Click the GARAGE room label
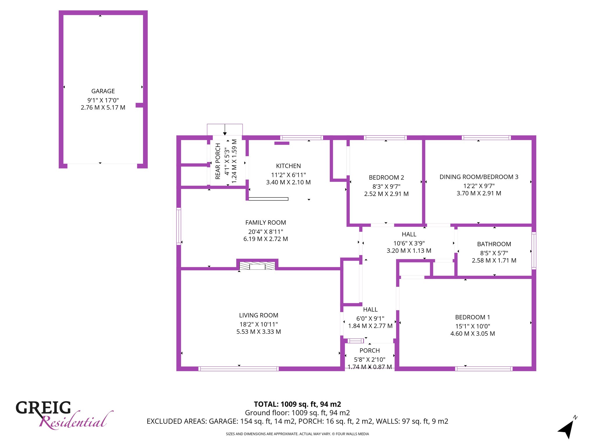coord(103,91)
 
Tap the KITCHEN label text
coord(288,166)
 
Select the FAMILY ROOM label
coord(266,223)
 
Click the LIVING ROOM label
coord(259,315)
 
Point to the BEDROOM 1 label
coord(473,317)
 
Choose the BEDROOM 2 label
coord(386,178)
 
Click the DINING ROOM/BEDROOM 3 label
coord(479,177)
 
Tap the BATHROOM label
coord(494,244)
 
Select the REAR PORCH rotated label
coord(218,161)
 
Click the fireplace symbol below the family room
coord(257,266)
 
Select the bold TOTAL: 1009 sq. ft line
coord(297,404)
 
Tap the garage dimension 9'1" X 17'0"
coord(103,100)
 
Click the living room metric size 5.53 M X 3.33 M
coord(259,332)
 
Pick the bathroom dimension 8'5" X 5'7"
coord(494,253)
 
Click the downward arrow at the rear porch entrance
coord(225,130)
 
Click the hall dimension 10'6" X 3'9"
coord(409,243)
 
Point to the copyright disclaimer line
coord(297,434)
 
